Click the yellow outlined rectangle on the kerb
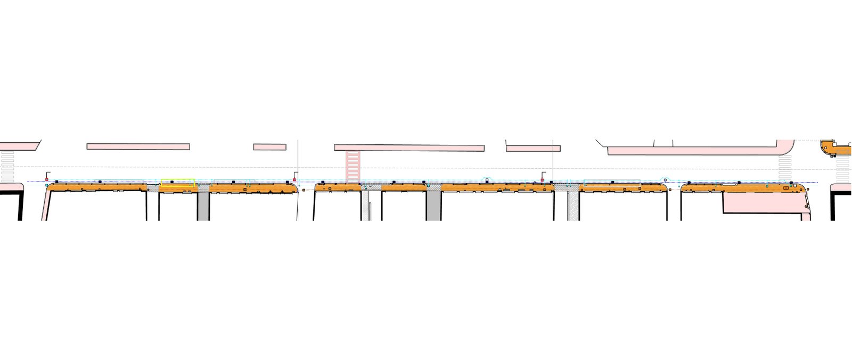(x=178, y=183)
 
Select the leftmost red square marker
(x=47, y=180)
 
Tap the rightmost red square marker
(x=542, y=181)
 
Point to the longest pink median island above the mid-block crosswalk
(x=409, y=148)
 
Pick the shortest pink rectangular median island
(x=269, y=146)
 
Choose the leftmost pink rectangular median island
(x=138, y=146)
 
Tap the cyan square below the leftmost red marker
(x=47, y=185)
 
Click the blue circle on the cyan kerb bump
(x=665, y=181)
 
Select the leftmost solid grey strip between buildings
(x=203, y=206)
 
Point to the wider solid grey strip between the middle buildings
(x=433, y=206)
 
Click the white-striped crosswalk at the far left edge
(x=7, y=167)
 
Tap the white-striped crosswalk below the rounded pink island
(x=786, y=166)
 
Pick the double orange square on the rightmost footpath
(x=787, y=187)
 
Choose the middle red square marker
(x=294, y=180)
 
